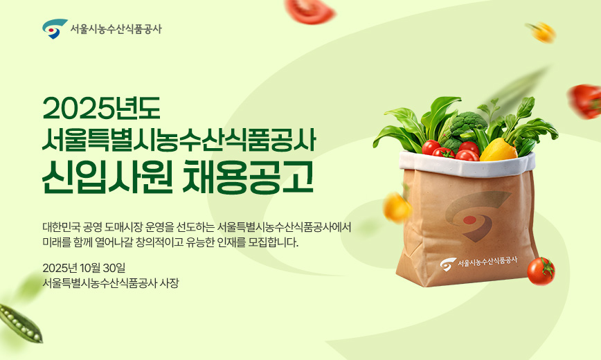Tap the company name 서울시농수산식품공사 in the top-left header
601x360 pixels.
[116, 29]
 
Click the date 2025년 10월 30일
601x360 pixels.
[83, 268]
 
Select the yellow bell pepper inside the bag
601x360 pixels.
[498, 148]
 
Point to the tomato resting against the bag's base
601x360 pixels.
[541, 271]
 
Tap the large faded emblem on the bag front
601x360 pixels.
[478, 215]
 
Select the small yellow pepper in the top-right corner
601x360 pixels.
[542, 31]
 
